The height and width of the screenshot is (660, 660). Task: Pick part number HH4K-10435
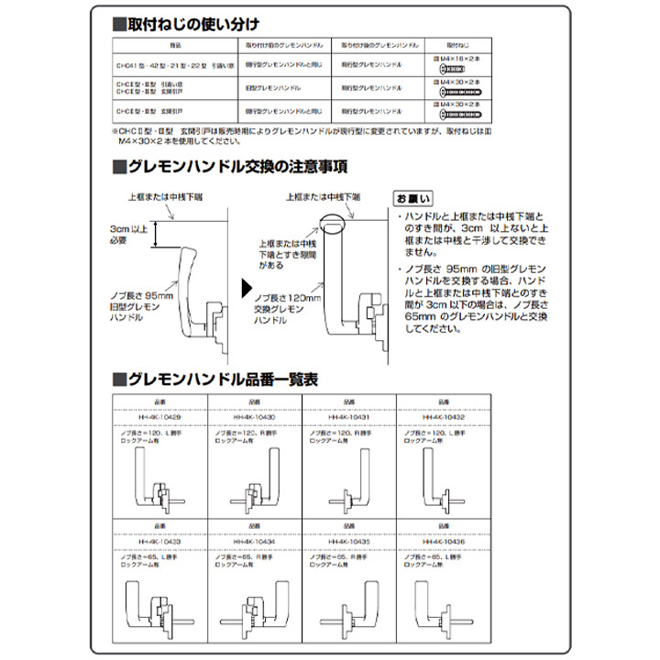click(348, 543)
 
